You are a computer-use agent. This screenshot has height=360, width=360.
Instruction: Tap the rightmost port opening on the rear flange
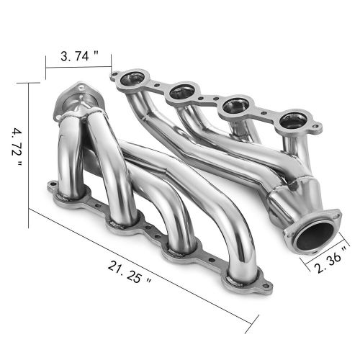[x=291, y=121]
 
